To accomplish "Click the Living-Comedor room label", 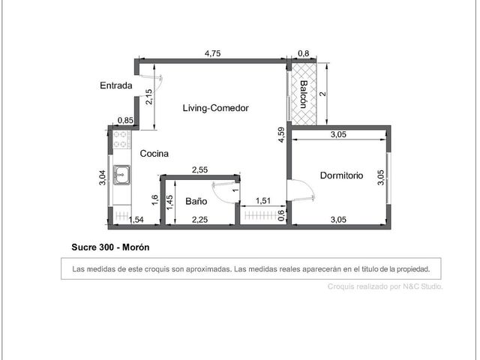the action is (215, 108).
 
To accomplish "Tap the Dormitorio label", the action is (342, 175).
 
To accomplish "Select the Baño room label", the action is (196, 201).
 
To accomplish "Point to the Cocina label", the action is (154, 153).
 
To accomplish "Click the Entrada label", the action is (116, 85).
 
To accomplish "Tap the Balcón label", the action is (303, 94).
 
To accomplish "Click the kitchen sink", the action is (121, 175).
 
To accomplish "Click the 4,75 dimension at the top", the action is (212, 53).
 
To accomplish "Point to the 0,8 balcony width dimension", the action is (303, 53).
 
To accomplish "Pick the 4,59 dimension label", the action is (281, 135).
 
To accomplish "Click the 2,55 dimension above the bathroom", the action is (200, 169).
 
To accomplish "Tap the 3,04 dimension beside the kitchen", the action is (102, 178).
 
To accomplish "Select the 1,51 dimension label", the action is (263, 201).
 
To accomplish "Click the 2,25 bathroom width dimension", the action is (200, 220).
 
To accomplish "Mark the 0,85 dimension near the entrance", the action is (125, 120).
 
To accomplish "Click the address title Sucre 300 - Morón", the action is (110, 247).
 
